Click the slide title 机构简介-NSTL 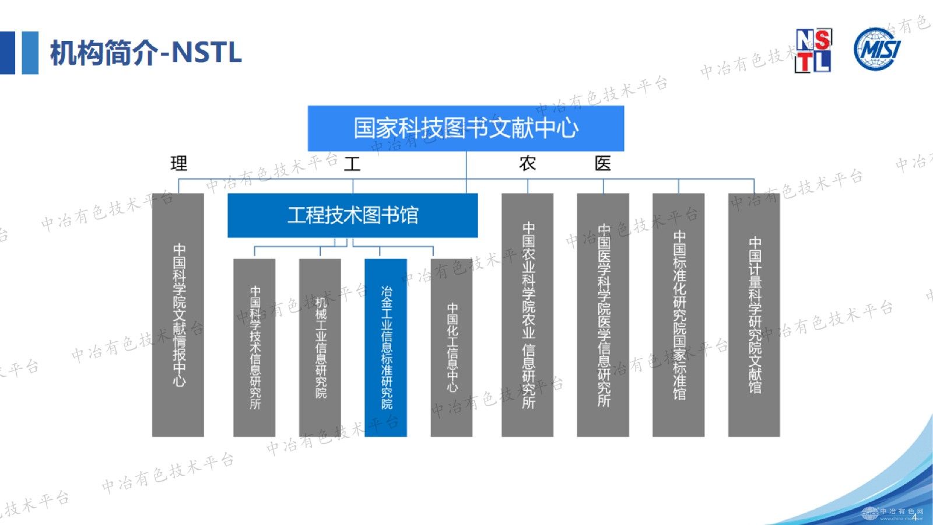(x=146, y=53)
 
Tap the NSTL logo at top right (x=813, y=51)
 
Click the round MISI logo (x=876, y=50)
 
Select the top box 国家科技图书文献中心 (x=466, y=128)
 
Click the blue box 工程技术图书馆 (x=352, y=215)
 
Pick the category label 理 (x=179, y=163)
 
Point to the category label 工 (x=352, y=163)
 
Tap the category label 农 (x=528, y=163)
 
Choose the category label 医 (x=603, y=163)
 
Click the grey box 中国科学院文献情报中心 (x=178, y=315)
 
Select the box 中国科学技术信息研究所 (x=254, y=348)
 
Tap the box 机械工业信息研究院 (x=320, y=348)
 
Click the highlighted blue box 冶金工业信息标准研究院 (x=385, y=348)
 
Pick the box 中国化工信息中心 (x=451, y=348)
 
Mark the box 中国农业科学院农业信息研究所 (x=528, y=315)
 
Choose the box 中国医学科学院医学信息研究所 (x=603, y=315)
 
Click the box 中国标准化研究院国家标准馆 (x=678, y=315)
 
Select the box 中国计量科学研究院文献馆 (x=754, y=315)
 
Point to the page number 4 (x=914, y=517)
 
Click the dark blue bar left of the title (x=8, y=52)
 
